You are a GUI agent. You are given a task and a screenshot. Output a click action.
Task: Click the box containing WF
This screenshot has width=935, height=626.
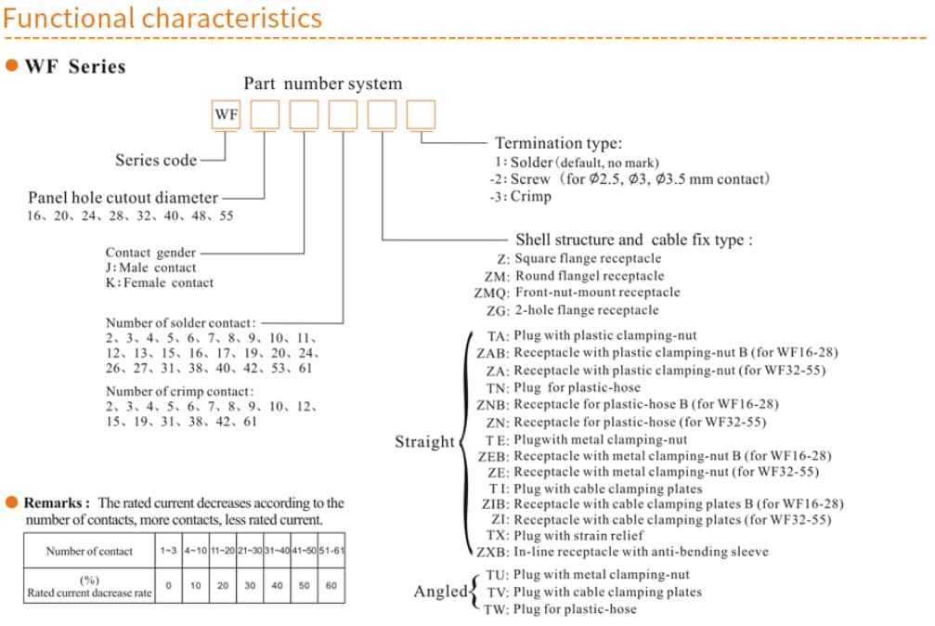[226, 115]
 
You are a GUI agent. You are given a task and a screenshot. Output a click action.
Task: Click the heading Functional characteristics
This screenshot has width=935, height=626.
[162, 18]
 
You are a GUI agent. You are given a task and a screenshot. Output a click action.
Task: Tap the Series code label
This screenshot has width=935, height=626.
[156, 160]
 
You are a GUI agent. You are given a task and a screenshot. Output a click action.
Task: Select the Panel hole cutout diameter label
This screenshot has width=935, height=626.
[123, 197]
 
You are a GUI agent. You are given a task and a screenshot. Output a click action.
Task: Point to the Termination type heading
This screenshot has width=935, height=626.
[558, 143]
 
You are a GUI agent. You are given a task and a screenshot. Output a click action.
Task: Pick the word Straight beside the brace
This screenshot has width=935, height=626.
[424, 442]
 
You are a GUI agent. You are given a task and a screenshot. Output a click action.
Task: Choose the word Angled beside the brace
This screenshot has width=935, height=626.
[441, 591]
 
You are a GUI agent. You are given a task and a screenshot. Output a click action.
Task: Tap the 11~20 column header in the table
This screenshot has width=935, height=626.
[222, 551]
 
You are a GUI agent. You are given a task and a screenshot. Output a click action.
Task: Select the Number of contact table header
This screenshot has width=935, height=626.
[89, 551]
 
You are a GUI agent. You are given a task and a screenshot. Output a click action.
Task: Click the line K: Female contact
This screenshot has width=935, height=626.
[159, 283]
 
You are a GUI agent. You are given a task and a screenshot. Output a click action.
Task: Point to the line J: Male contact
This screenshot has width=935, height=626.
[150, 267]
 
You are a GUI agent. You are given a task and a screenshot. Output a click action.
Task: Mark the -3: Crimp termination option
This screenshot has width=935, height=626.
[520, 196]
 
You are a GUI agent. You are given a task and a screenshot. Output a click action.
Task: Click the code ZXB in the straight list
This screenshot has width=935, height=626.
[492, 552]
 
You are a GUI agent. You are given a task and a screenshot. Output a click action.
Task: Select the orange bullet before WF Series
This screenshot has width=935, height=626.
[13, 67]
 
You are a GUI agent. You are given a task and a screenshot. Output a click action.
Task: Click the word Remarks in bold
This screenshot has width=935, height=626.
[57, 502]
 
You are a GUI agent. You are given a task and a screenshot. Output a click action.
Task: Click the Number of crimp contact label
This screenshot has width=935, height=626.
[179, 392]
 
